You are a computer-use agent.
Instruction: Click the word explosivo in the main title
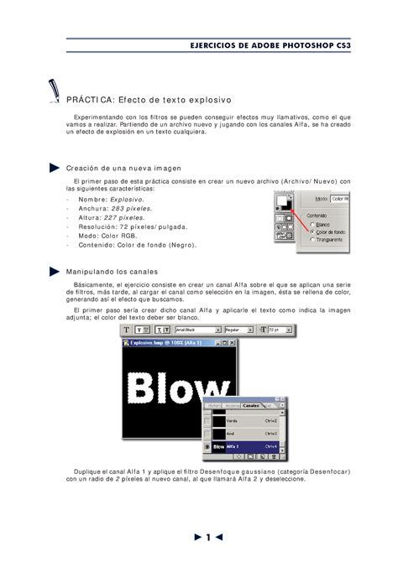click(x=205, y=100)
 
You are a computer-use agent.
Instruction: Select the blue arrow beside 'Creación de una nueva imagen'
click(x=55, y=168)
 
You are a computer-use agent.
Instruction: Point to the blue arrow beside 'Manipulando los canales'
click(x=55, y=271)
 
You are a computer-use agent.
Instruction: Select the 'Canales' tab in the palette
click(x=252, y=404)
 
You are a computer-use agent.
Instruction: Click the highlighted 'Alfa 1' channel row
click(x=244, y=447)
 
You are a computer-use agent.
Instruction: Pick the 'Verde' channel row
click(x=244, y=421)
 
